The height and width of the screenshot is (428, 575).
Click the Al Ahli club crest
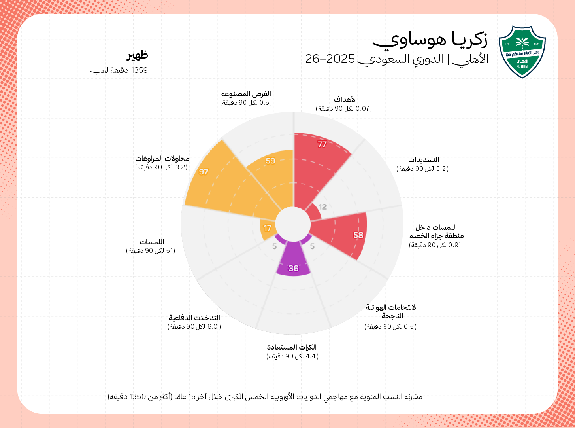[522, 52]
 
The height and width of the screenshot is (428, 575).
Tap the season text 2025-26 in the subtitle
[330, 59]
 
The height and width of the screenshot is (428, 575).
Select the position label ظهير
[137, 55]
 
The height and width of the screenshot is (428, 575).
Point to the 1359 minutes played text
[119, 70]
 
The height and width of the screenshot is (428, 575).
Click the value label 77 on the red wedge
[322, 145]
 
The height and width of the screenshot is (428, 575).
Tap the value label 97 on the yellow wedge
[204, 172]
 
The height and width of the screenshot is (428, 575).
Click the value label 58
[358, 235]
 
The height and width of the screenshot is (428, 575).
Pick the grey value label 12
[323, 207]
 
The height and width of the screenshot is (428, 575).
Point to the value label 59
[270, 161]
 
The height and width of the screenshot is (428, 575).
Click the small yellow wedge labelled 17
[268, 228]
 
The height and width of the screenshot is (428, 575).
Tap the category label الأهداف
[345, 100]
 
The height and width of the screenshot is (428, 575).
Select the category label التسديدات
[424, 160]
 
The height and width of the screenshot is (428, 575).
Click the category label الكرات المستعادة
[292, 347]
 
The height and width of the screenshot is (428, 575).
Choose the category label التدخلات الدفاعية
[194, 318]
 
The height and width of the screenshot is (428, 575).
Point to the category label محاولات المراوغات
[162, 159]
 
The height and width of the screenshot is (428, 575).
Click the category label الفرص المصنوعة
[246, 94]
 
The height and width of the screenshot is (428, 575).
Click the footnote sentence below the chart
[265, 397]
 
